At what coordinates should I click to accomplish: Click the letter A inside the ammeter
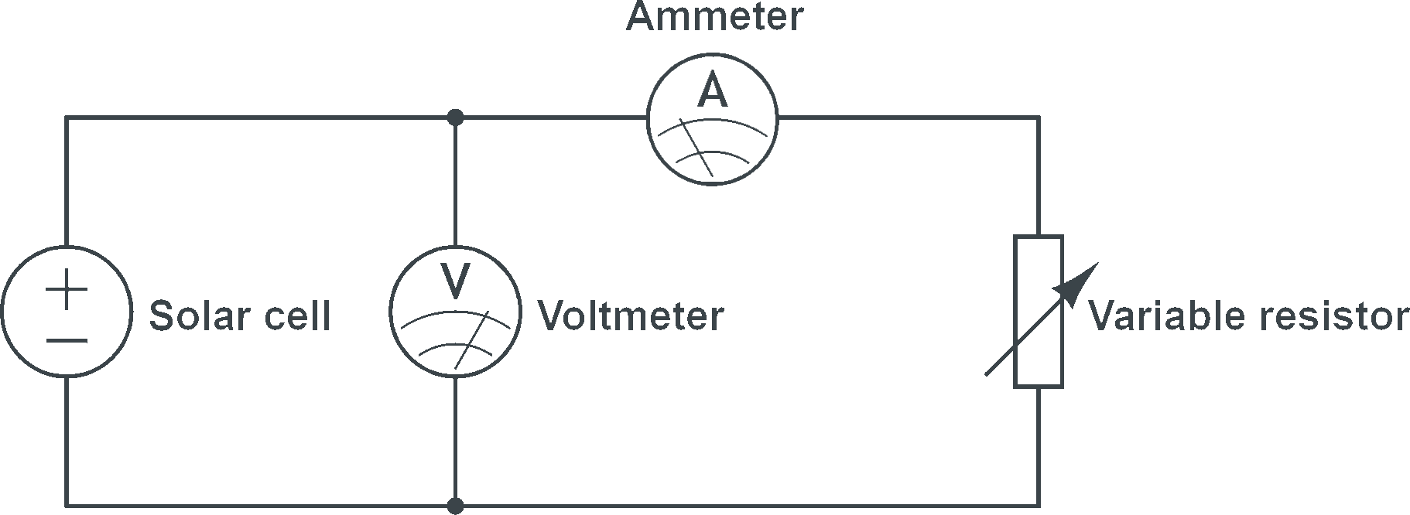tap(713, 91)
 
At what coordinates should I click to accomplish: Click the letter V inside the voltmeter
tap(455, 281)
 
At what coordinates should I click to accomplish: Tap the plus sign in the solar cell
tap(67, 292)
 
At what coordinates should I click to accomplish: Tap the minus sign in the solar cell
tap(67, 340)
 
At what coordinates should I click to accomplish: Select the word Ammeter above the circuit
tap(714, 16)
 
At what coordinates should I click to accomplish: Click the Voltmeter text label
tap(631, 315)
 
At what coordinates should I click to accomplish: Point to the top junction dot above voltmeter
tap(455, 118)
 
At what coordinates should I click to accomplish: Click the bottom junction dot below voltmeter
tap(455, 506)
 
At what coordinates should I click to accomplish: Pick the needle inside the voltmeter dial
tap(471, 340)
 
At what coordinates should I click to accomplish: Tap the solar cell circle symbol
tap(67, 247)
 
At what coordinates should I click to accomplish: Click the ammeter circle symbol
tap(713, 53)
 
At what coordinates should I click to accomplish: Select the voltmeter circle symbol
tap(455, 247)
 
